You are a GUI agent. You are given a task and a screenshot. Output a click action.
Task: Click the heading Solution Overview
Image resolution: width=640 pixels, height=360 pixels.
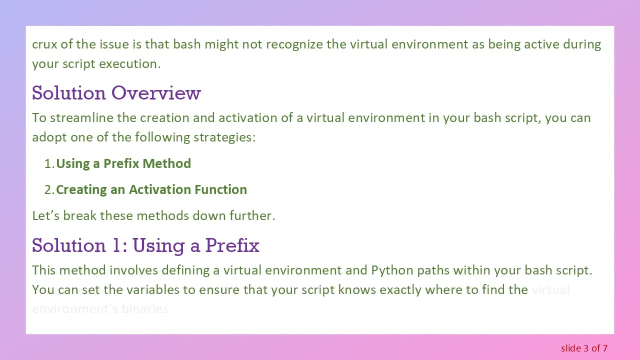coord(116,93)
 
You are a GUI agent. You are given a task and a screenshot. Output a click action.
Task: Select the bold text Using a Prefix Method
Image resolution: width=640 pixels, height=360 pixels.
coord(123,163)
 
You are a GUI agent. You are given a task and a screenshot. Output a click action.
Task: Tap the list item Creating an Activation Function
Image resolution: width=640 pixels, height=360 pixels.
coord(151,189)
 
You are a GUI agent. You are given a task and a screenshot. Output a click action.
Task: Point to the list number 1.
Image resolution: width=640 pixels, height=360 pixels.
coord(48,163)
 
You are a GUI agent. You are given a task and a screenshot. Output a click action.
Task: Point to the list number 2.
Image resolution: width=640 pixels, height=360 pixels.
coord(48,189)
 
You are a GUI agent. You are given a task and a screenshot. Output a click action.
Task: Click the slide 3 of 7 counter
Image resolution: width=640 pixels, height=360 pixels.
coord(583,348)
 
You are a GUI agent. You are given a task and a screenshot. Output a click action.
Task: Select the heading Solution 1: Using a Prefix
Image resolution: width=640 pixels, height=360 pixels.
coord(145,245)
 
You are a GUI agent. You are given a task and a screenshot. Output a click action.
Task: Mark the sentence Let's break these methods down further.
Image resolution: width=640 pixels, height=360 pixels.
coord(153,216)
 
